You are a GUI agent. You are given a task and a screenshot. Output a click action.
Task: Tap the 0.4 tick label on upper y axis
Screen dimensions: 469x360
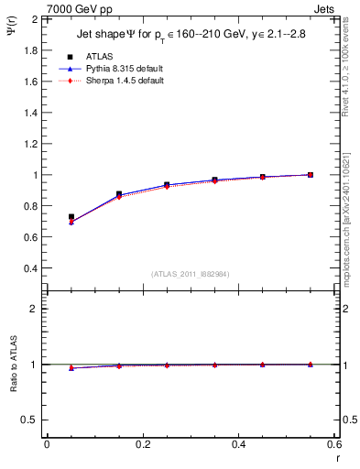[x=30, y=268]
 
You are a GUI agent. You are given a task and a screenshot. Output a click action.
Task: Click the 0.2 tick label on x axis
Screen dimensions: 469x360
[x=143, y=444]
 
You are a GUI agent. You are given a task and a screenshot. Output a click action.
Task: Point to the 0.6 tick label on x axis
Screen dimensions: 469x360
[x=334, y=444]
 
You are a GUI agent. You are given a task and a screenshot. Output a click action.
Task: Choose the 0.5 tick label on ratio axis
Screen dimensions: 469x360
[x=30, y=420]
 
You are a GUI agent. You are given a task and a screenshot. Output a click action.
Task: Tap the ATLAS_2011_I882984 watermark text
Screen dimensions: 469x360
[x=190, y=275]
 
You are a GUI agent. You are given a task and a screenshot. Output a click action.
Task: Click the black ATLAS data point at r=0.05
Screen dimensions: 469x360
[x=71, y=217]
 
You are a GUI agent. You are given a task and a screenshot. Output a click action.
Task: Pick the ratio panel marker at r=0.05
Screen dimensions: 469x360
[x=71, y=367]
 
